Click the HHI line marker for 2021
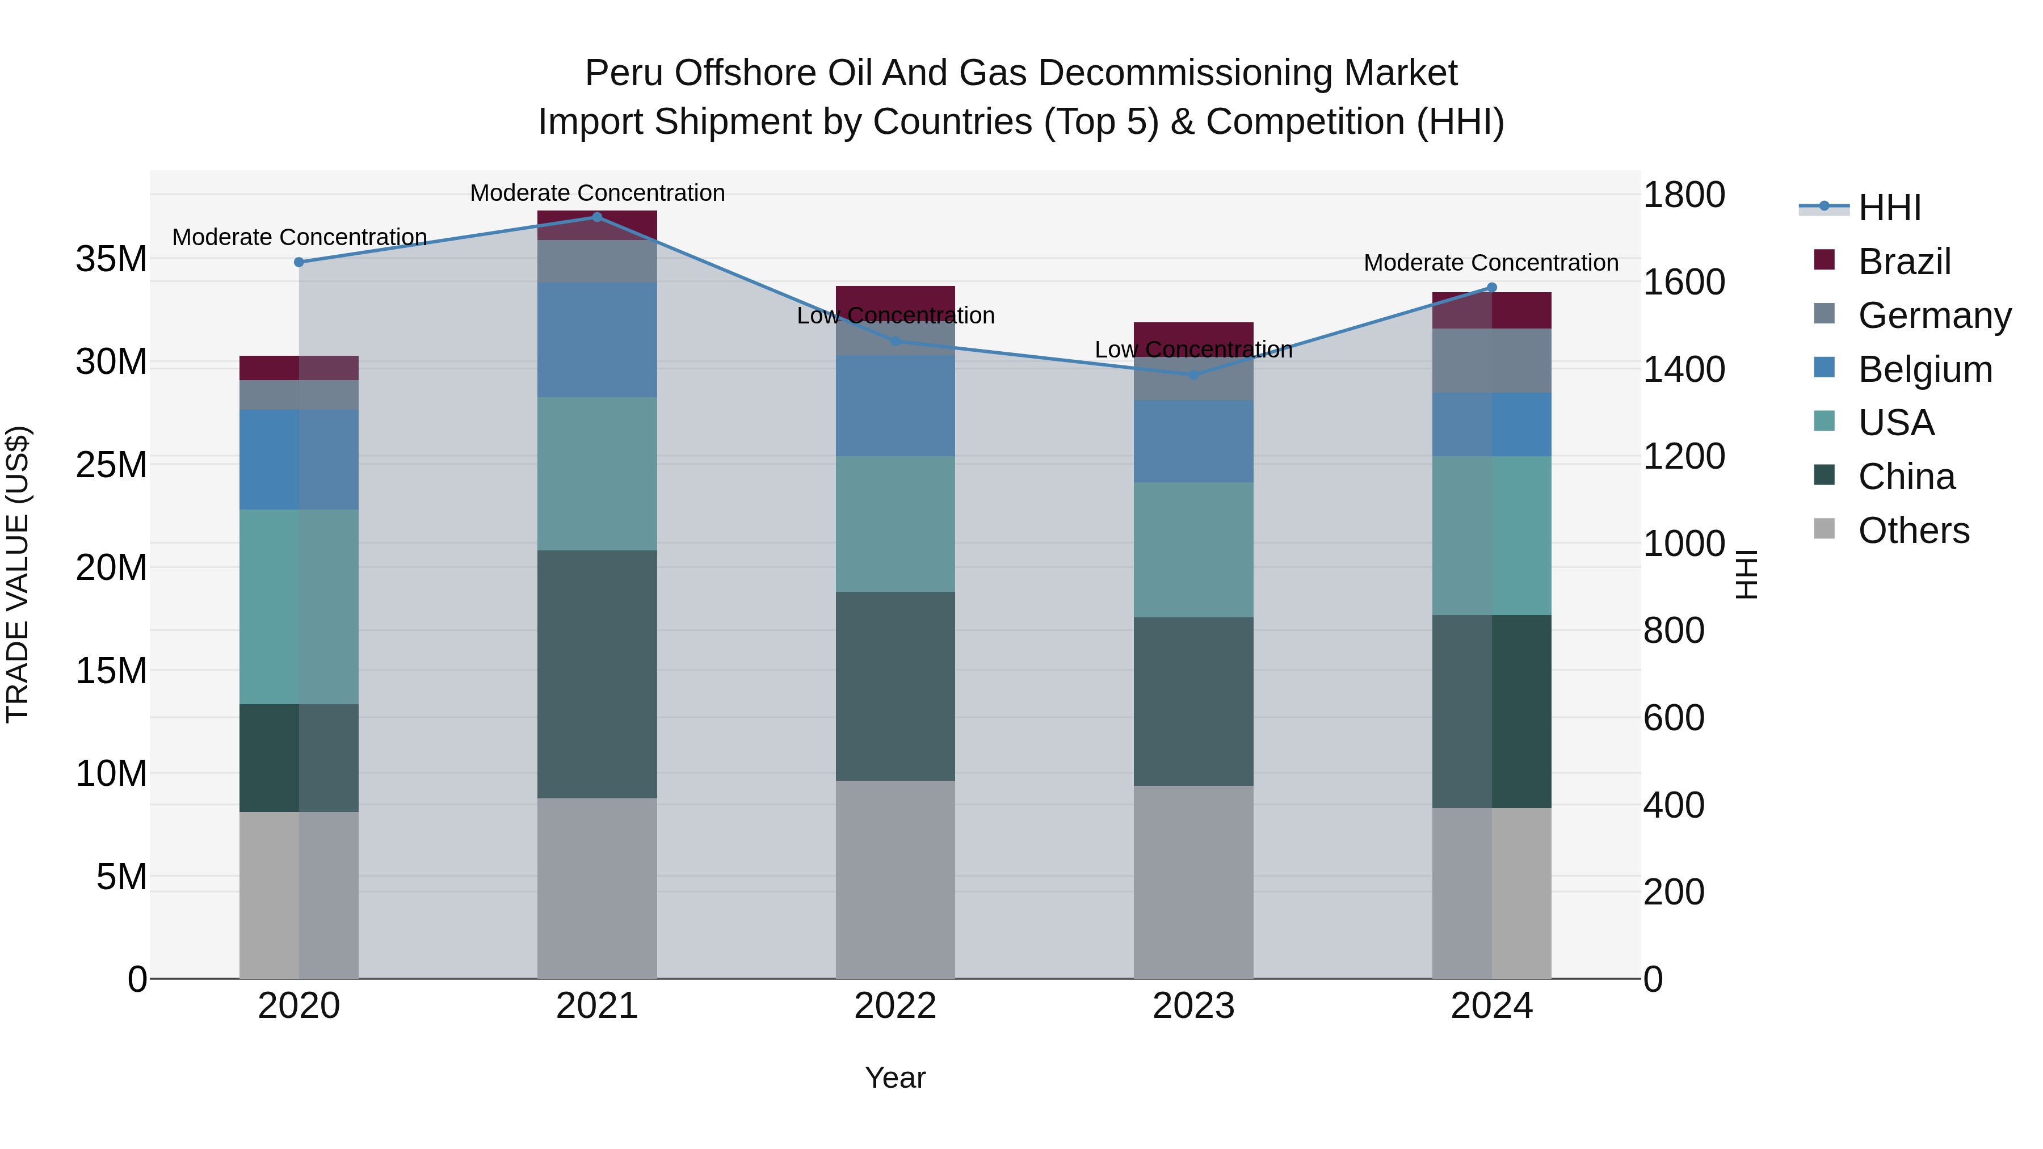(x=597, y=217)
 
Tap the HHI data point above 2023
(x=1193, y=374)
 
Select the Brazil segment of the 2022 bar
(x=896, y=297)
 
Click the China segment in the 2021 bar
(x=597, y=674)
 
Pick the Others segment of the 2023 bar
(x=1193, y=882)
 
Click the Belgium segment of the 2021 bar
(x=597, y=339)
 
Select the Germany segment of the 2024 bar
(x=1492, y=361)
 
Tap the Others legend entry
(x=1913, y=531)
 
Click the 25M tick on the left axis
(x=111, y=465)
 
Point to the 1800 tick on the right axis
(x=1684, y=195)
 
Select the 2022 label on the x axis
(x=896, y=1006)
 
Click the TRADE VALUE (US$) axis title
(x=18, y=574)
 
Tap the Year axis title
(x=896, y=1078)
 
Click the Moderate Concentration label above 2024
(x=1491, y=263)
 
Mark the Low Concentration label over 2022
(x=896, y=315)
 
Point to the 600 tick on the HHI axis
(x=1674, y=718)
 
